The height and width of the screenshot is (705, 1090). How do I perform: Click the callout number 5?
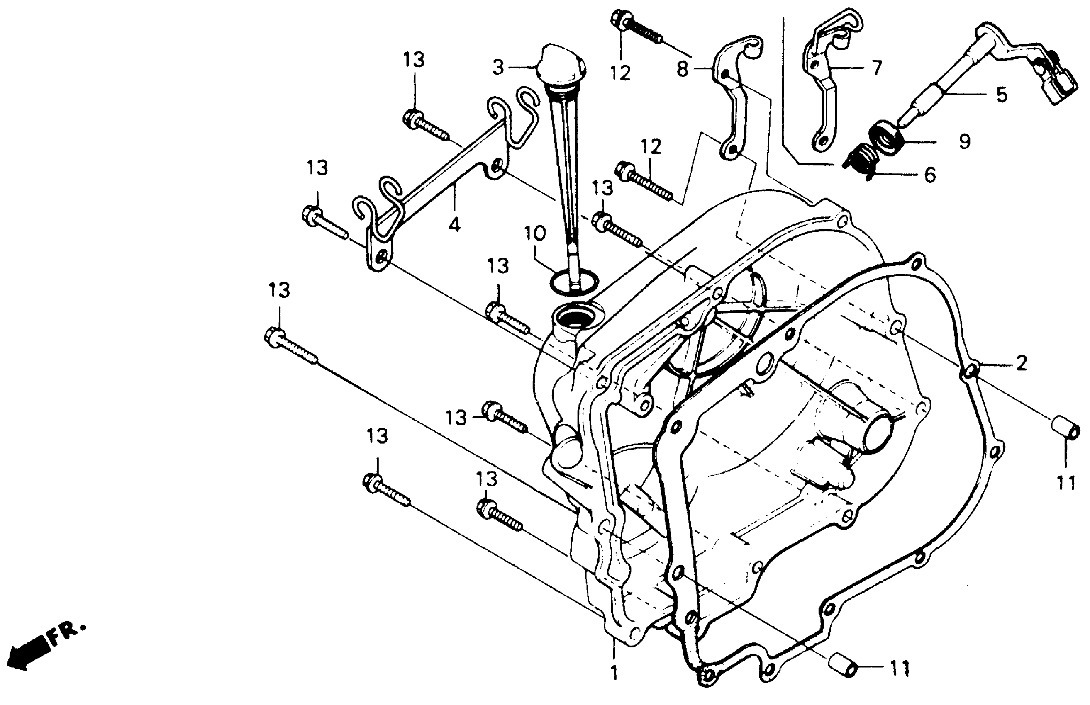1002,95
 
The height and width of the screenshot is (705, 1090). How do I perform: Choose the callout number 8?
683,69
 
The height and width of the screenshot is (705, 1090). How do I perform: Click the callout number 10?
535,234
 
